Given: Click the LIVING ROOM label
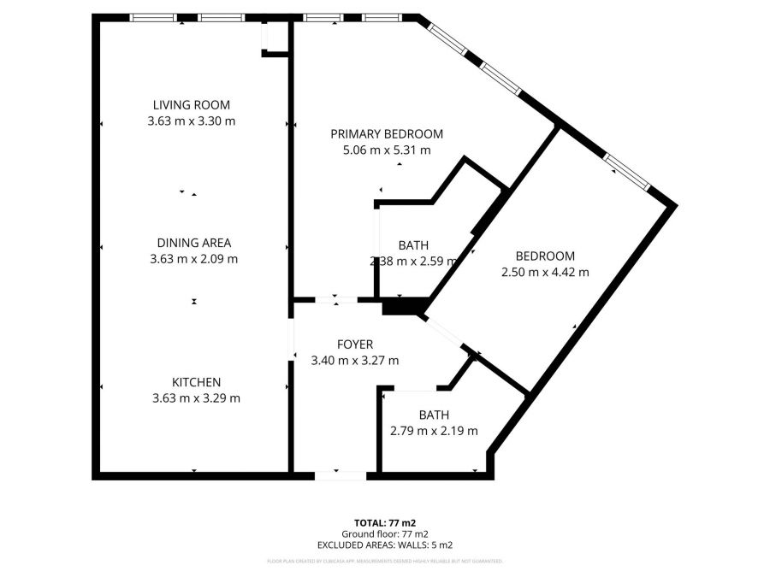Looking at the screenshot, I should (x=192, y=105).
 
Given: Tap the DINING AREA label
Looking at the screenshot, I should (x=193, y=243).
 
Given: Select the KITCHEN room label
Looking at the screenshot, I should (x=197, y=382).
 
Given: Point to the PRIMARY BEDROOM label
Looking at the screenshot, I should (x=387, y=134).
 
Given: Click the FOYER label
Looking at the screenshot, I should (x=355, y=344).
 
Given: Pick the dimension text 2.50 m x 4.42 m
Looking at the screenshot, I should (x=545, y=273).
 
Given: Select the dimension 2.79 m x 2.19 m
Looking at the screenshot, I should (x=434, y=431).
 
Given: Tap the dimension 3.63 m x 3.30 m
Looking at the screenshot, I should (x=192, y=121).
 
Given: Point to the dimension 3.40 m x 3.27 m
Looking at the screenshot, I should (x=355, y=361).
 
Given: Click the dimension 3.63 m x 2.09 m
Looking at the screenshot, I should (x=193, y=259).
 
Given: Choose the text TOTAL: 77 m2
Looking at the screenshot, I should (x=385, y=521).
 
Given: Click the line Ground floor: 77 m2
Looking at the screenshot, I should (x=385, y=533).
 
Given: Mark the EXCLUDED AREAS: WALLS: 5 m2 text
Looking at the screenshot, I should (x=385, y=545).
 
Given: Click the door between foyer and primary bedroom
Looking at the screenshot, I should (x=336, y=299).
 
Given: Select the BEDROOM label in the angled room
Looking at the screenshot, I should (x=545, y=256).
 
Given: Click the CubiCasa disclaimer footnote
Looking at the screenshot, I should (x=385, y=561).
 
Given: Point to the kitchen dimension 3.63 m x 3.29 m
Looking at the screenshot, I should (x=197, y=398).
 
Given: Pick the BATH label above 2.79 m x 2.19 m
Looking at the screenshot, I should (x=434, y=415).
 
